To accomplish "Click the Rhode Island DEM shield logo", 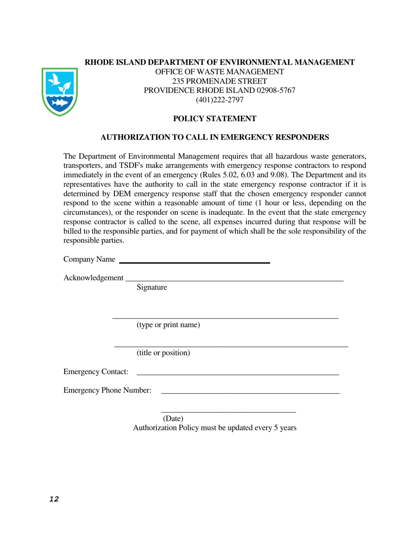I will point(60,91).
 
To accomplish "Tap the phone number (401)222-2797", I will point(220,100).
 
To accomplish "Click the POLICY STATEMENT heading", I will point(214,119).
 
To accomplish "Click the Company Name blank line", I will point(194,262).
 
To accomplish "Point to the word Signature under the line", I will point(152,287).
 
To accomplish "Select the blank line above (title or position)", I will point(231,346).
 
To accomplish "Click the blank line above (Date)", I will point(228,412).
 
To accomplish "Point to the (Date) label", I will point(173,419).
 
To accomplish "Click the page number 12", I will point(54,500).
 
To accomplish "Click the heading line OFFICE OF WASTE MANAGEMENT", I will point(220,72).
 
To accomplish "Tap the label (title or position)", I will point(163,353).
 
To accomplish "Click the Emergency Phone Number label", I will point(107,390).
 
